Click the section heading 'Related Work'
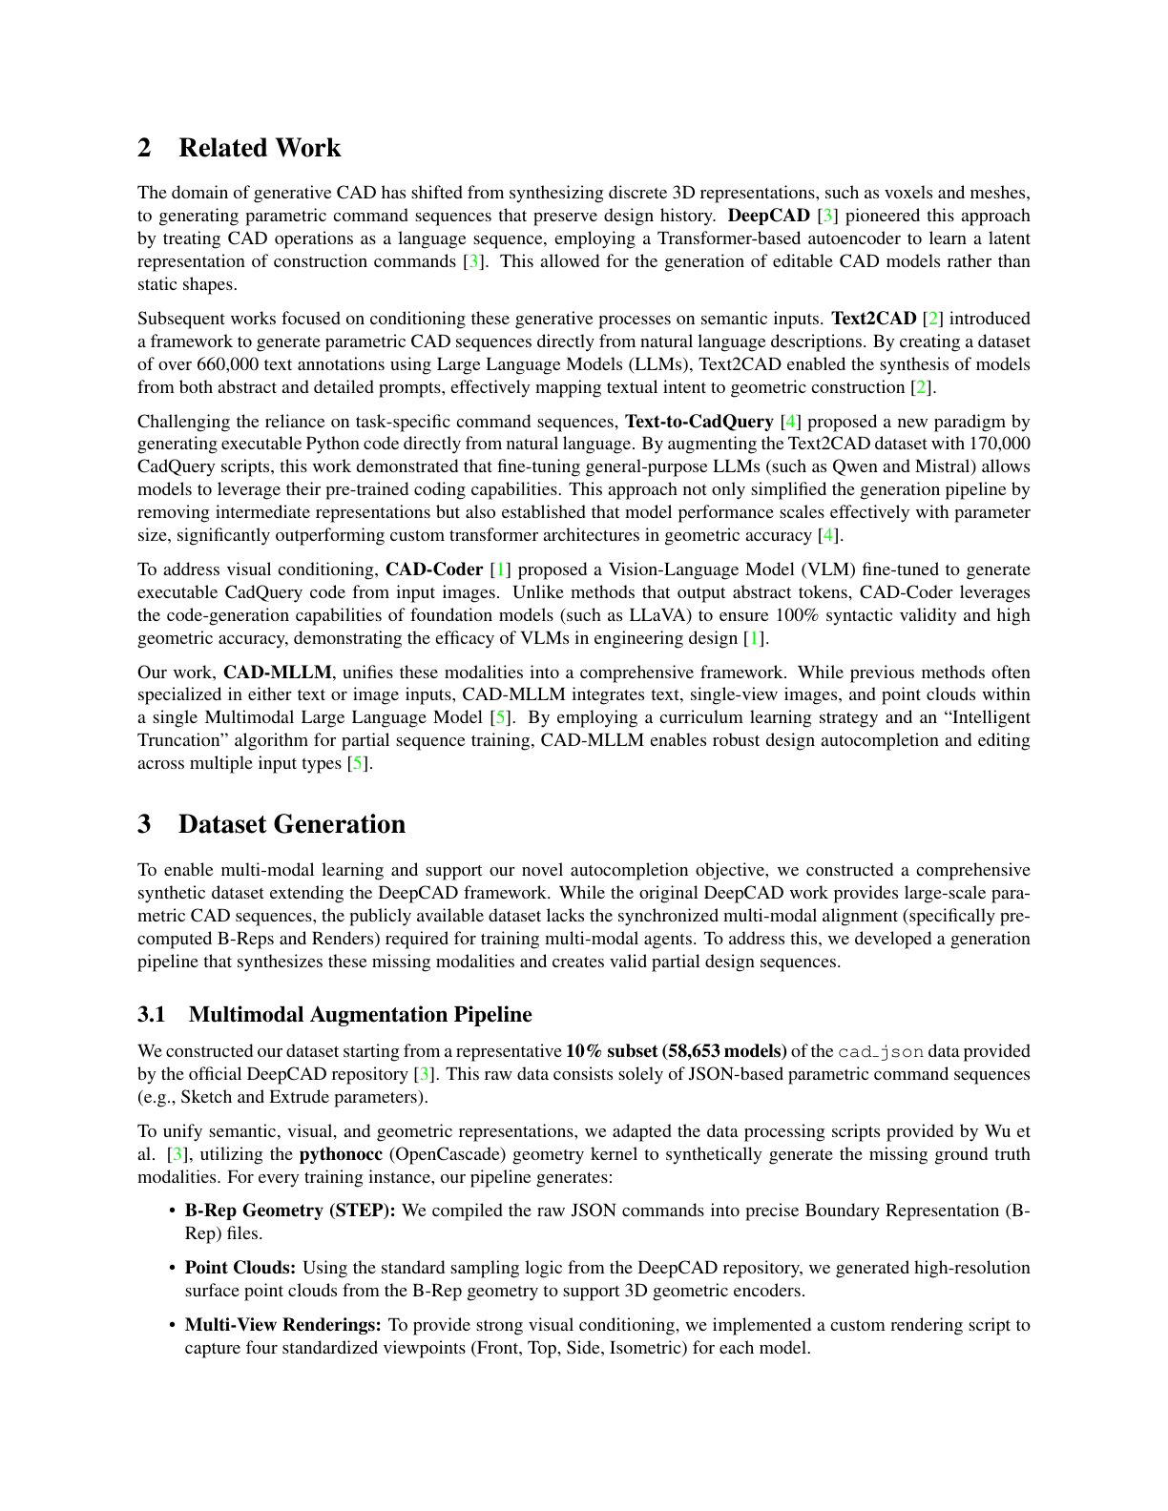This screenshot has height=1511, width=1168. [259, 148]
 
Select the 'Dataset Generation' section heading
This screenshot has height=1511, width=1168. [291, 824]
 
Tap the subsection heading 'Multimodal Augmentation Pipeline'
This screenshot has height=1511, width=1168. [360, 1014]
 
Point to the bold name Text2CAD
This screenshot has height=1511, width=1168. [873, 319]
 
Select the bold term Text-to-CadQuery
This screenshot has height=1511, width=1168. [699, 422]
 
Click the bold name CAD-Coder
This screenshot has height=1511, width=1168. [434, 569]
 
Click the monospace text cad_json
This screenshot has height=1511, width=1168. [880, 1051]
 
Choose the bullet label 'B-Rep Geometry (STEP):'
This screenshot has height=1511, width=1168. [290, 1211]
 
